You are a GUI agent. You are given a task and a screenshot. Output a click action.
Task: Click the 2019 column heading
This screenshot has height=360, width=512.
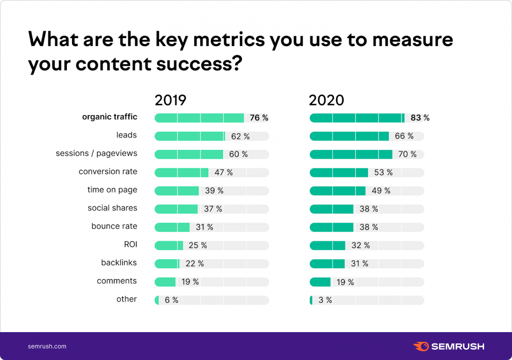(x=170, y=100)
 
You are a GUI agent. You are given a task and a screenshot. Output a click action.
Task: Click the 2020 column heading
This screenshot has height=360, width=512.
(x=326, y=100)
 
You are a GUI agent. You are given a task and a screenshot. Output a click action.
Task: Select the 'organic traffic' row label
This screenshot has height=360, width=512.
(x=109, y=117)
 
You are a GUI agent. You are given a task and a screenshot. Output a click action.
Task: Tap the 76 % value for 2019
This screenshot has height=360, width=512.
(x=259, y=118)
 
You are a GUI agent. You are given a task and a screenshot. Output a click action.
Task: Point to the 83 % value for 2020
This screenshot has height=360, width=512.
(x=420, y=118)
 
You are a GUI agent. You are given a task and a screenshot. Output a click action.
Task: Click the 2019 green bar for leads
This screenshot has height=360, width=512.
(x=189, y=136)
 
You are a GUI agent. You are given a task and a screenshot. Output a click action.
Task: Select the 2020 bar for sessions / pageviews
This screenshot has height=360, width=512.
(x=351, y=154)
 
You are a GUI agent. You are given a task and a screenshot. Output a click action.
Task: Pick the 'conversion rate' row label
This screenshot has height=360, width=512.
(x=107, y=171)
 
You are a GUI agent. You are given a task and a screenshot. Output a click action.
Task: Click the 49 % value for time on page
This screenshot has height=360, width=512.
(x=381, y=191)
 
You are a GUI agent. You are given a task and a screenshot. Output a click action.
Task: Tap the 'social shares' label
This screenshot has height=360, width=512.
(x=112, y=208)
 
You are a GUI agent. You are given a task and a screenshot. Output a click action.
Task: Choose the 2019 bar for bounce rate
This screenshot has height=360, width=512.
(x=172, y=227)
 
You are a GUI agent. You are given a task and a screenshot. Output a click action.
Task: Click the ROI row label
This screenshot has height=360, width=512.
(x=130, y=244)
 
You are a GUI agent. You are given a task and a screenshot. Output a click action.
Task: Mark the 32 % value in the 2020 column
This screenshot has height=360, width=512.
(x=360, y=245)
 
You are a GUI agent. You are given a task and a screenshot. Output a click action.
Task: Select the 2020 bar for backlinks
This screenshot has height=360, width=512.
(x=327, y=264)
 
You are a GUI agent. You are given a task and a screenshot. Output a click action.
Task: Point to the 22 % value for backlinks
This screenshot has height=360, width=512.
(x=194, y=264)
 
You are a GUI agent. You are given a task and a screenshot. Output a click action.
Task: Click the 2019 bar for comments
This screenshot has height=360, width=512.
(x=165, y=282)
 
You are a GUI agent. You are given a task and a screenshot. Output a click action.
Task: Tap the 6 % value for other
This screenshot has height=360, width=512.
(x=171, y=300)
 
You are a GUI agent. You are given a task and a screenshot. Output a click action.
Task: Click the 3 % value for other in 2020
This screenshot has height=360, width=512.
(x=325, y=300)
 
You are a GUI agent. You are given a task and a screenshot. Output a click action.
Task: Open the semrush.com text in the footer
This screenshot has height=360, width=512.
(x=47, y=346)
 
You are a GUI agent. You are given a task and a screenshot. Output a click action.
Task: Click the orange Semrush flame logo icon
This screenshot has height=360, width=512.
(x=420, y=346)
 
